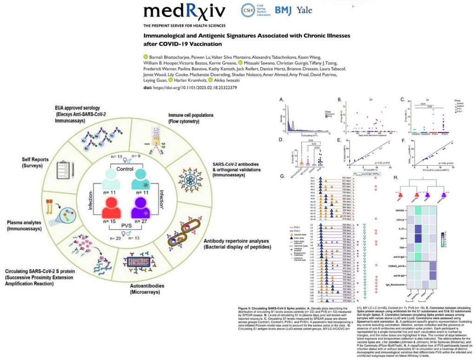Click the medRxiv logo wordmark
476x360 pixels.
185,13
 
